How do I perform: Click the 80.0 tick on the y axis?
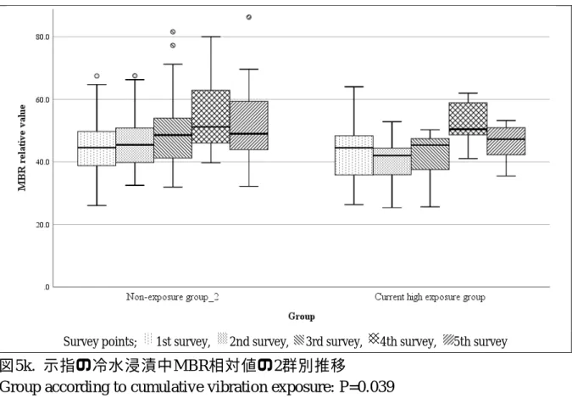click(x=42, y=36)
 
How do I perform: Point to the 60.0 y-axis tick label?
click(x=42, y=99)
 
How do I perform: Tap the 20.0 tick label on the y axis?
click(x=42, y=225)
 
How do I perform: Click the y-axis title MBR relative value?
click(x=22, y=148)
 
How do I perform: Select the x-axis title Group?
click(x=302, y=317)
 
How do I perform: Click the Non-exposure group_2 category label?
click(x=173, y=297)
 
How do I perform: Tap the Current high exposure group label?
click(x=430, y=297)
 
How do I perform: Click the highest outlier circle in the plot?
click(x=249, y=17)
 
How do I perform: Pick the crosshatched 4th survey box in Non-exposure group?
click(x=211, y=116)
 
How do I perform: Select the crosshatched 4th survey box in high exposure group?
click(x=468, y=119)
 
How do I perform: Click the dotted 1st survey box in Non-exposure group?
click(x=97, y=149)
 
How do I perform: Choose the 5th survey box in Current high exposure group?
click(x=507, y=141)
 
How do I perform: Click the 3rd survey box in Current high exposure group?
click(x=430, y=154)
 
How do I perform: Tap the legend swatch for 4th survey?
click(x=374, y=339)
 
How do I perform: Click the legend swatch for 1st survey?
click(x=148, y=339)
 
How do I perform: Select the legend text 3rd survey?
click(x=334, y=342)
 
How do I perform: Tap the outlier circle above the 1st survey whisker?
click(x=97, y=76)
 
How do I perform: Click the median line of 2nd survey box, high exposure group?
click(x=392, y=155)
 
